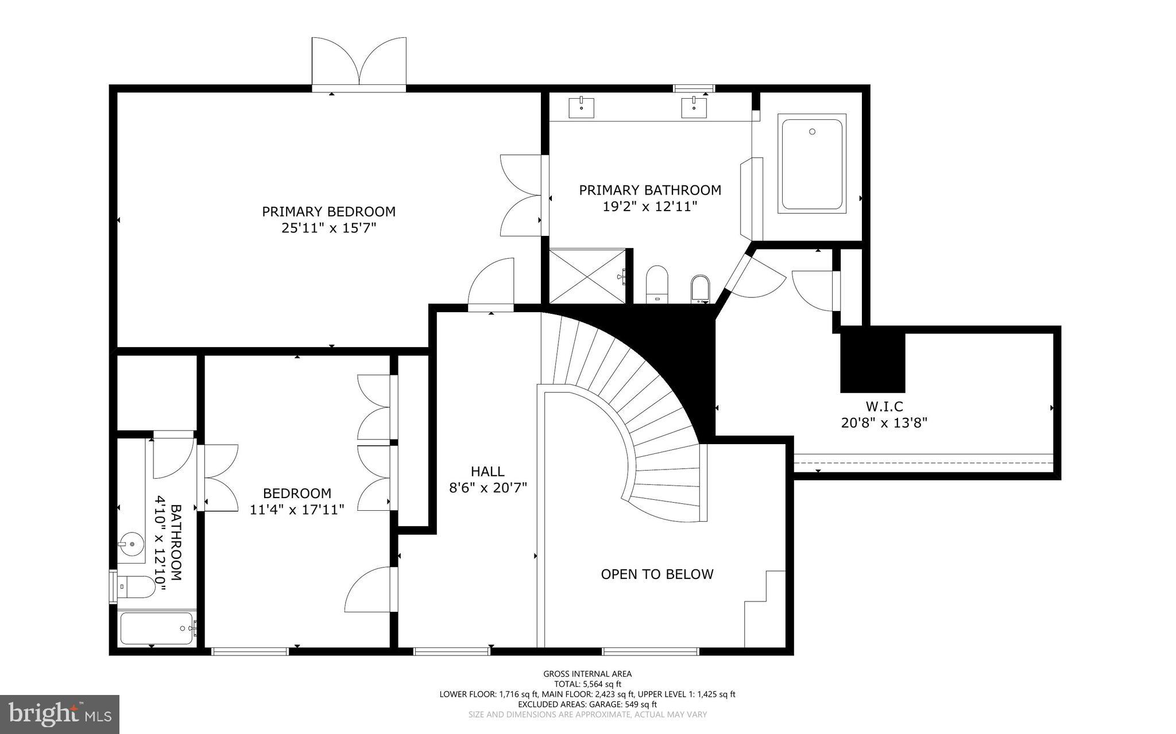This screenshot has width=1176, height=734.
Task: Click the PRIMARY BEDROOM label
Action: (x=328, y=211)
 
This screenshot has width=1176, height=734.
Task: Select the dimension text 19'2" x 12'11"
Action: (x=649, y=207)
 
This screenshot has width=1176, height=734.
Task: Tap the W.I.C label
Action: (x=884, y=406)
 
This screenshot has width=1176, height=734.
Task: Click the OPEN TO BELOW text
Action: (x=657, y=574)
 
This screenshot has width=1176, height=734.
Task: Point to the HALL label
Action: (x=488, y=471)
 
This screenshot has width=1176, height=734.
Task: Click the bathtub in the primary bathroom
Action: (x=812, y=164)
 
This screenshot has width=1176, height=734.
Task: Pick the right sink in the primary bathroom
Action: (x=694, y=107)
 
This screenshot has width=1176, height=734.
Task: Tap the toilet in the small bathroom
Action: (x=138, y=587)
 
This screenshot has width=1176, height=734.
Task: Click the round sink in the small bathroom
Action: (x=131, y=542)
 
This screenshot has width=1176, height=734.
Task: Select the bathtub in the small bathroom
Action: (x=156, y=628)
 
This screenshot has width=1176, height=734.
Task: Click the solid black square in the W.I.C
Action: (x=872, y=362)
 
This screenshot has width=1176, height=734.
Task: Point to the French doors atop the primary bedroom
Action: (x=359, y=63)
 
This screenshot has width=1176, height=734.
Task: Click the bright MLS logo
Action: (x=60, y=714)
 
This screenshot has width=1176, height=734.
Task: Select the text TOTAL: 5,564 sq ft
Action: (x=587, y=683)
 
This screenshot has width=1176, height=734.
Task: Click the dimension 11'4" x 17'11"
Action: (x=297, y=509)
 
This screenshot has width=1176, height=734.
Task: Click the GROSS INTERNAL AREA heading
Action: (x=587, y=674)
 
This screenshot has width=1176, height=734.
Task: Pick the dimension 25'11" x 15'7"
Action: (x=328, y=228)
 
